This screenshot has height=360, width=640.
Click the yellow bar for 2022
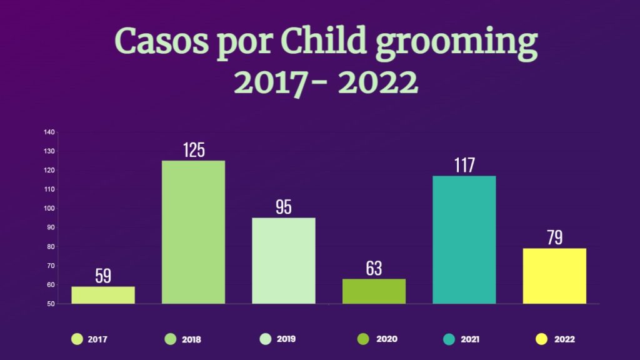pos(554,276)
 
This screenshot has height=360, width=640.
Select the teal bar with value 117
pos(464,240)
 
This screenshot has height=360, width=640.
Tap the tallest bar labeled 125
pos(194,232)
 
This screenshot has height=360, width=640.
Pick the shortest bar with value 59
pos(103,295)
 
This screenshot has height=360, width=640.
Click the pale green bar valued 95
pos(284,261)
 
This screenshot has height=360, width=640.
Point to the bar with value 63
pos(374,291)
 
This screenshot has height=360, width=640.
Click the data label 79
pos(554,238)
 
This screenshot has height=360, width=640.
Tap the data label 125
pos(194,150)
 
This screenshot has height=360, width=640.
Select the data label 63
pos(374,269)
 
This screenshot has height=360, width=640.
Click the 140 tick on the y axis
pos(50,132)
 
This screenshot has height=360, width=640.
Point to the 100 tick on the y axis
pos(50,208)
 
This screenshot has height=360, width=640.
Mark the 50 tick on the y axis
pos(51,304)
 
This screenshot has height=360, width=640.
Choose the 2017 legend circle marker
pos(77,339)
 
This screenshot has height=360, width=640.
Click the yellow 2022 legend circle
pos(542,339)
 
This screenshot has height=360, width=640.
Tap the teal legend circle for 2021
pos(449,339)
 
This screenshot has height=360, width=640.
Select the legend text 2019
pos(286,339)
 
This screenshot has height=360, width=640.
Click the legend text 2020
pos(387,339)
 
